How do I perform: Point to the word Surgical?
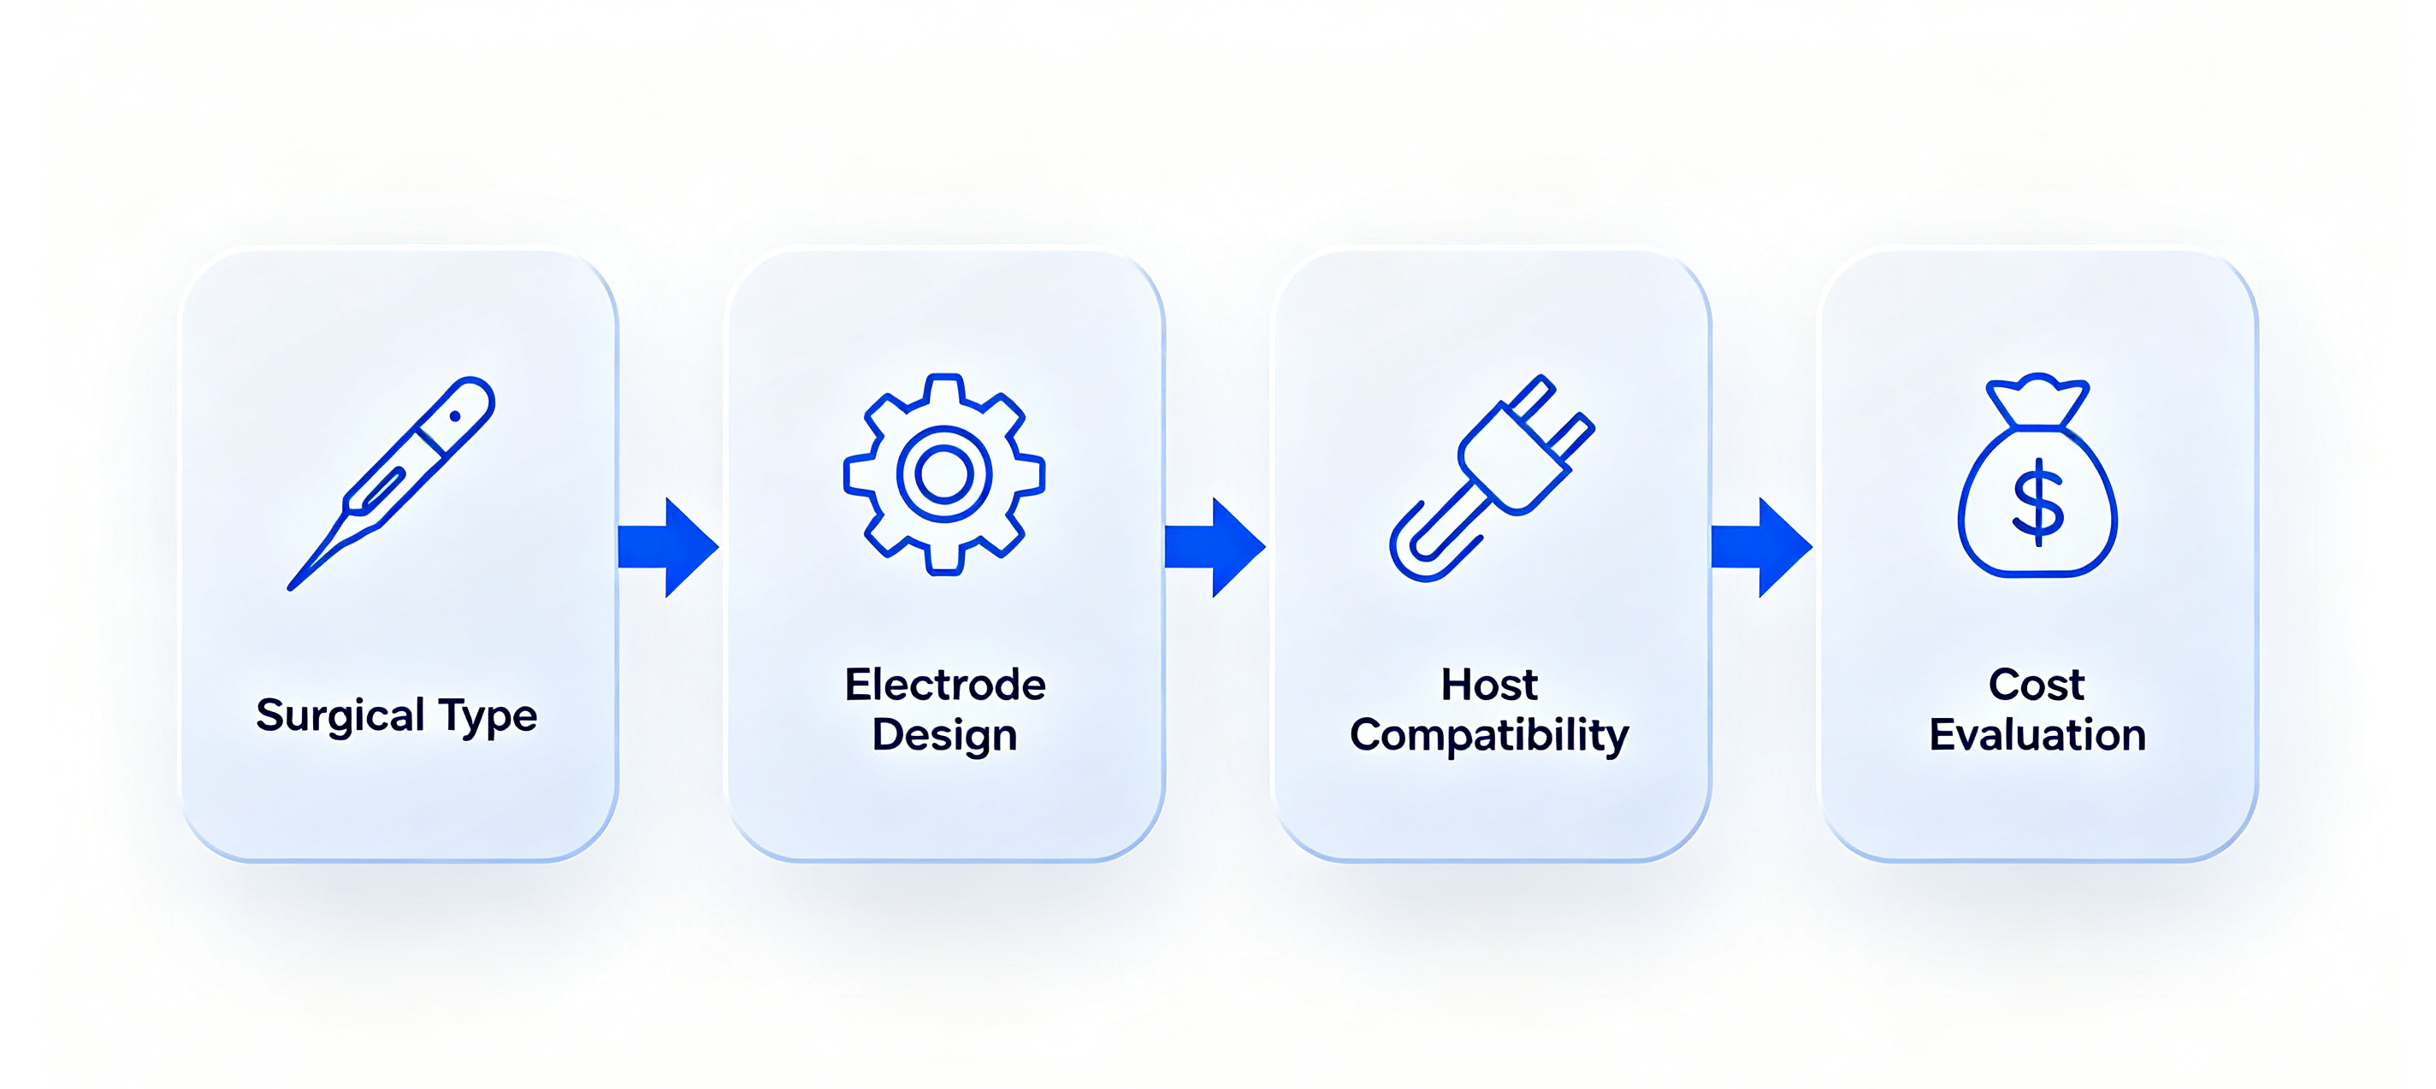tap(340, 716)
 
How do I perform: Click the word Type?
tap(488, 716)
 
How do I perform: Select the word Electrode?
tap(944, 685)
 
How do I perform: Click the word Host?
tap(1489, 685)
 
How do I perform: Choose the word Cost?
tap(2037, 685)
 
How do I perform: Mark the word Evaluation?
tap(2037, 734)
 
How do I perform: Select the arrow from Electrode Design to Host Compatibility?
tap(1215, 547)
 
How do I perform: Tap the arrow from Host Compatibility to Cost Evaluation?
tap(1762, 547)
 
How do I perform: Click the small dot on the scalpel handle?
tap(455, 417)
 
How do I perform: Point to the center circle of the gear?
tap(943, 474)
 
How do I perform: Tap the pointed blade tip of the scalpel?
tap(290, 589)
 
